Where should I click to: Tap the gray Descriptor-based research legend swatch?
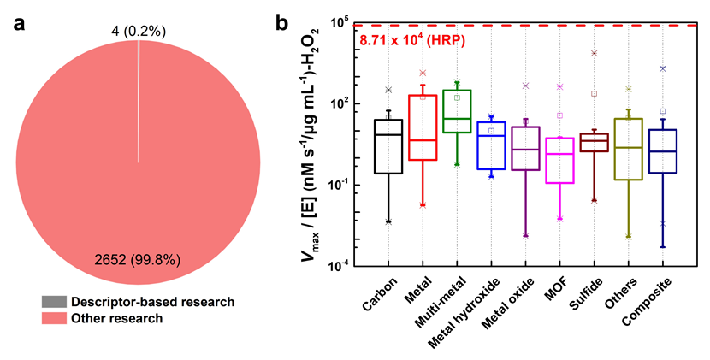53,302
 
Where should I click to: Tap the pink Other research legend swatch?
53,318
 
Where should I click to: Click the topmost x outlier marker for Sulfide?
594,53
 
